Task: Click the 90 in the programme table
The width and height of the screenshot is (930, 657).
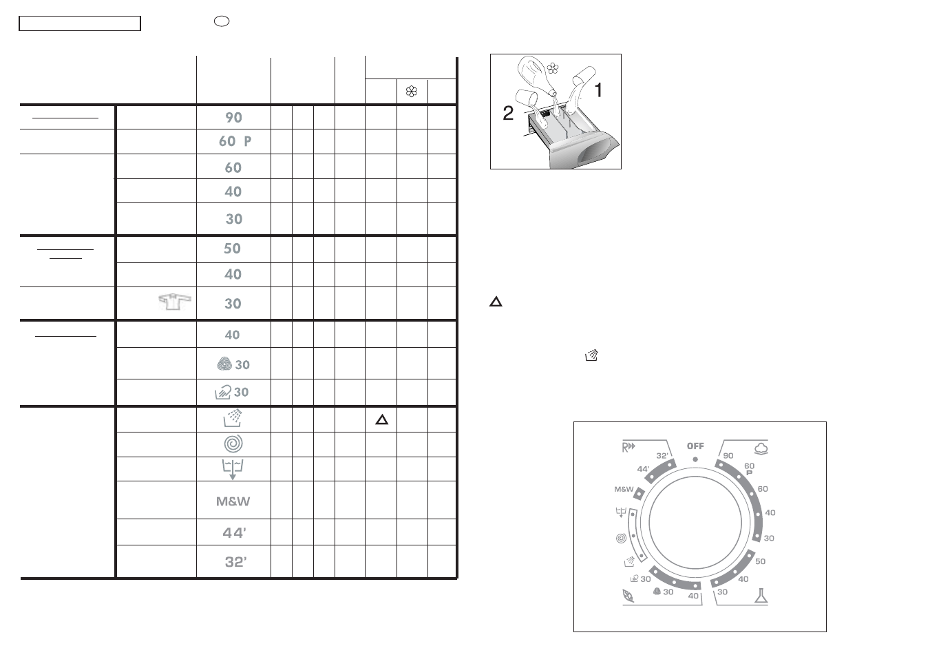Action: coord(233,117)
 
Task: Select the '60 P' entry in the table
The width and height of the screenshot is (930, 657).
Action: coord(235,141)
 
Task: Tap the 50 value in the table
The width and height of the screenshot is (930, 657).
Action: coord(233,249)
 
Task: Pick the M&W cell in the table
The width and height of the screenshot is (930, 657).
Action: coord(233,501)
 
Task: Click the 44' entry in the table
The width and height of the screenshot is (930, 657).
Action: coord(234,532)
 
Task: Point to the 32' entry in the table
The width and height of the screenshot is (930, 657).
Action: coord(235,562)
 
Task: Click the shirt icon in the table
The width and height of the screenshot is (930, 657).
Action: coord(173,302)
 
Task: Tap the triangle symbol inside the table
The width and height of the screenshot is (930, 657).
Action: coord(382,419)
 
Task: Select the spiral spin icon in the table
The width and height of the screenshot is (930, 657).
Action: coord(233,444)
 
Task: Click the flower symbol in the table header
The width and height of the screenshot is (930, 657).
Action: coord(412,92)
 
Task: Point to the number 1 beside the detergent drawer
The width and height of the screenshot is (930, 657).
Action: coord(599,90)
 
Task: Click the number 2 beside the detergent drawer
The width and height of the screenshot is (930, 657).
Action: coord(508,114)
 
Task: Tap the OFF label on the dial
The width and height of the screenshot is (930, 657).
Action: coord(695,446)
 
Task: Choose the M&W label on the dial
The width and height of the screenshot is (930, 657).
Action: coord(624,489)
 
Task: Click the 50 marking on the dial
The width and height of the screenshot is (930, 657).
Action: coord(760,561)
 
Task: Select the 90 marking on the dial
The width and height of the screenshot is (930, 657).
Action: coord(728,455)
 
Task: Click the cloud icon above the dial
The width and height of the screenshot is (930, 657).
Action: coord(761,448)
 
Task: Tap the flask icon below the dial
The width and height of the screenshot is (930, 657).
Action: coord(761,596)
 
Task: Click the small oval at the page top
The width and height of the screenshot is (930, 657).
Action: coord(222,21)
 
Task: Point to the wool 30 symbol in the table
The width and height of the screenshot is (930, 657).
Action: coord(233,364)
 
